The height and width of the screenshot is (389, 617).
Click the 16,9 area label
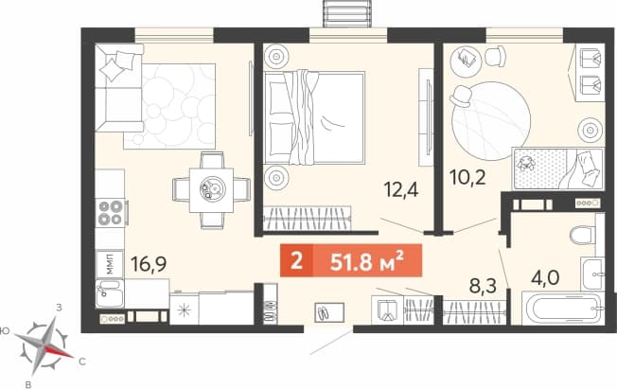click(149, 263)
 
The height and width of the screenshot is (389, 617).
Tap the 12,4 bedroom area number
click(401, 189)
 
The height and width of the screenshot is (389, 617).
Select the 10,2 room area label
click(467, 177)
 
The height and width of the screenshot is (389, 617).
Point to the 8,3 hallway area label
click(484, 285)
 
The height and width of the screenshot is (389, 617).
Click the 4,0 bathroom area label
click(545, 278)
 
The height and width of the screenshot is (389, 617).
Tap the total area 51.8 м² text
click(367, 260)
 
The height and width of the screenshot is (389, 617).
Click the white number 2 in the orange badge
click(296, 260)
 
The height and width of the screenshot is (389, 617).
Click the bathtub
click(563, 308)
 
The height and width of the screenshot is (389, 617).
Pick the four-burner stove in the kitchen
click(111, 213)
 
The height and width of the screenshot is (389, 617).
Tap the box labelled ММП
click(110, 263)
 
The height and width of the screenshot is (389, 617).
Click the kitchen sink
click(110, 293)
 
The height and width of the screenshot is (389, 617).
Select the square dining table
click(211, 190)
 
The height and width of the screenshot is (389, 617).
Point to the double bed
click(314, 117)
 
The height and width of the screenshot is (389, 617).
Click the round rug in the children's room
click(491, 120)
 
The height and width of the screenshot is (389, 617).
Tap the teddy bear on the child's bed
click(526, 163)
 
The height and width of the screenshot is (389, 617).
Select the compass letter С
click(81, 362)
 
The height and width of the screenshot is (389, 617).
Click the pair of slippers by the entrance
click(329, 312)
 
